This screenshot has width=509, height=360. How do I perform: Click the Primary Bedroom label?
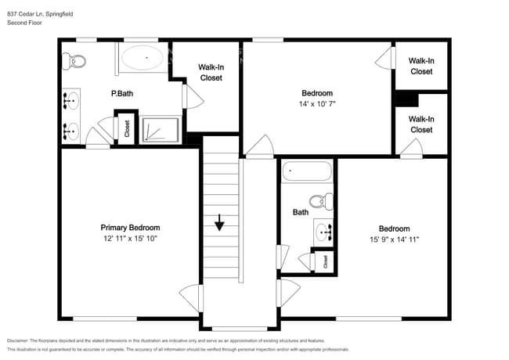tap(130, 228)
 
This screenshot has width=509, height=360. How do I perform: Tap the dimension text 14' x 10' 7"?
tap(317, 104)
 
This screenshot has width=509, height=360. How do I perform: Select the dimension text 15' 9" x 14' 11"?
tap(394, 239)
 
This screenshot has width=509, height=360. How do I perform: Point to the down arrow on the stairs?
tap(220, 222)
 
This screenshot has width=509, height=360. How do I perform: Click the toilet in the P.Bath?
tap(74, 60)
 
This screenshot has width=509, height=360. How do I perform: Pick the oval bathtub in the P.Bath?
tap(143, 57)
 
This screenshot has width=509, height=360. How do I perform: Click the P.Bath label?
tap(122, 93)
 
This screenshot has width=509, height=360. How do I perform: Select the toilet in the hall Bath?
tap(321, 201)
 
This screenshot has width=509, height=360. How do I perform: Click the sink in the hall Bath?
tap(323, 232)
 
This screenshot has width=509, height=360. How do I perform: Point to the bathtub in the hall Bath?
tap(307, 171)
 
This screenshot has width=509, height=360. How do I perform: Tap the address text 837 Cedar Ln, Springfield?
tap(40, 14)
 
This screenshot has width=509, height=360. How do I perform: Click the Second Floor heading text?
tap(24, 23)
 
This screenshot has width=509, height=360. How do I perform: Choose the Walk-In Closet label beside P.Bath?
tap(211, 72)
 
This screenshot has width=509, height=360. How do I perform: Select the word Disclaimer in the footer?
tap(18, 340)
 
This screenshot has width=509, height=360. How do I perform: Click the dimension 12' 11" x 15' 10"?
tap(130, 239)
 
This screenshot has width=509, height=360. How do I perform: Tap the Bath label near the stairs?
tap(301, 212)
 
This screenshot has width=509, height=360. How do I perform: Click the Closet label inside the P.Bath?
tap(127, 128)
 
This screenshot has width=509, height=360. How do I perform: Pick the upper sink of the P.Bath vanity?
tap(71, 100)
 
